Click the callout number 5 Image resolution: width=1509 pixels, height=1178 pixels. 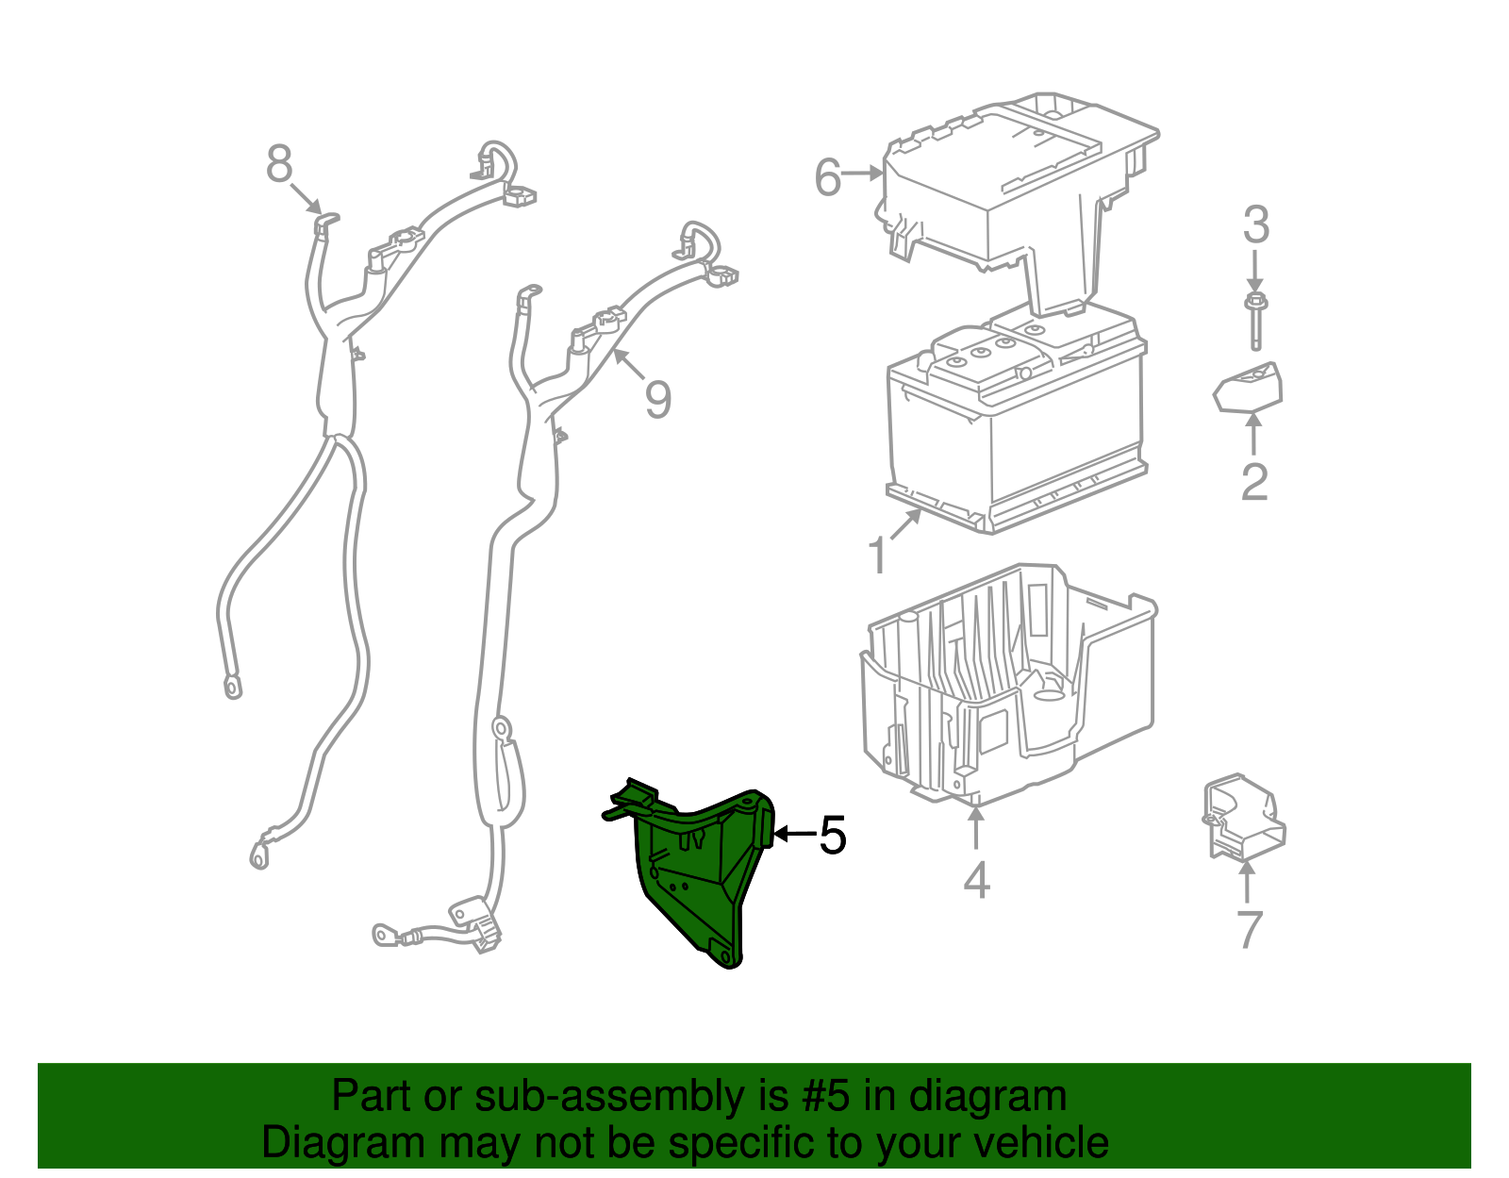[x=833, y=835]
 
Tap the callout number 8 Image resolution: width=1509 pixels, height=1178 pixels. [x=279, y=164]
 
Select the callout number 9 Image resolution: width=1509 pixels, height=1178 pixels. [x=657, y=399]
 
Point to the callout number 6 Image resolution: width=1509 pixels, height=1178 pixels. [x=828, y=177]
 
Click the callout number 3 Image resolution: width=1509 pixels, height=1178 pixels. [x=1255, y=224]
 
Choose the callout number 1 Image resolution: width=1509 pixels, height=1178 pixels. [x=878, y=556]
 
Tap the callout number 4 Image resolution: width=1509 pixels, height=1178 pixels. [x=976, y=880]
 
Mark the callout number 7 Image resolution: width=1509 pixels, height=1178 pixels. [x=1249, y=929]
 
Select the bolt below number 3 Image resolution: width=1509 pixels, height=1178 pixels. [x=1255, y=322]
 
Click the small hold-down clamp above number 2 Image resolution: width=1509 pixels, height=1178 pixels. [x=1249, y=389]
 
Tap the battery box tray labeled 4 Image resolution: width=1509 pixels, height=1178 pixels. [x=1007, y=688]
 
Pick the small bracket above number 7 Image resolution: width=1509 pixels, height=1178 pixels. [x=1243, y=818]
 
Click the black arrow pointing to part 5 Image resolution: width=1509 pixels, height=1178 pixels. [x=796, y=834]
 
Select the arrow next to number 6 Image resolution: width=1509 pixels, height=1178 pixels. [x=862, y=173]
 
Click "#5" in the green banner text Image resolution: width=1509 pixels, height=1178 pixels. [x=825, y=1096]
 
